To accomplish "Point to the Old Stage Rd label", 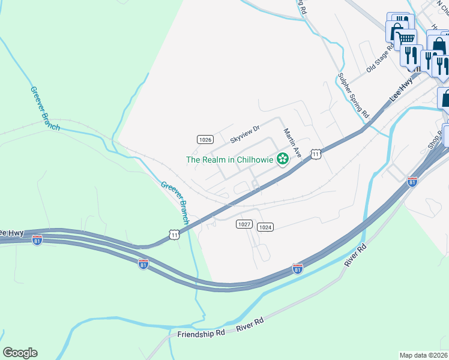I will [379, 58].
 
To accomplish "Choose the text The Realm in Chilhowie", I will [229, 160].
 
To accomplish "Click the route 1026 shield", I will [205, 139].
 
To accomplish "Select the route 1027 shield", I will [243, 224].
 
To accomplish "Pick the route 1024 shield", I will [265, 227].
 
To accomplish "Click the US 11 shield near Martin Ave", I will [316, 155].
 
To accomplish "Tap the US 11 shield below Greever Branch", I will [174, 235].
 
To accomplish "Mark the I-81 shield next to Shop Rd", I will [412, 182].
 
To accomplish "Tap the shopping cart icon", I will [407, 37].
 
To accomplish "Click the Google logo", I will [20, 353].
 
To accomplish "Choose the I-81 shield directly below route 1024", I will [297, 268].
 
